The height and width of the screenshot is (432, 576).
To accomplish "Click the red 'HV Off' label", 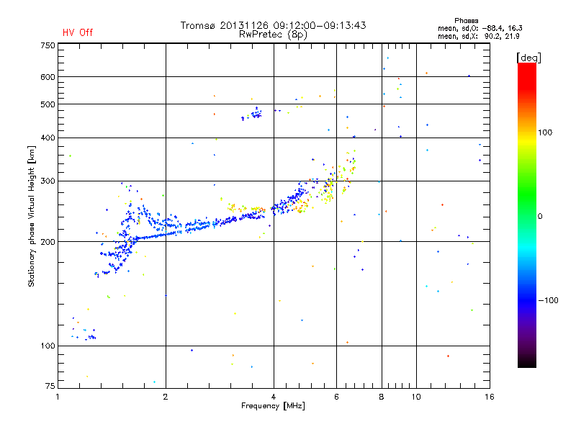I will [x=78, y=32].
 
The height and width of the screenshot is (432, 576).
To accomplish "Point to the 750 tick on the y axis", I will [x=47, y=45].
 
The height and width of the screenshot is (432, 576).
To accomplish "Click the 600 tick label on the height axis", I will [x=47, y=77].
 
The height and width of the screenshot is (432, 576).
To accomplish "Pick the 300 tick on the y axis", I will [x=47, y=181].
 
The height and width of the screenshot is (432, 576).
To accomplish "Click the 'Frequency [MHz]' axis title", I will [x=273, y=406].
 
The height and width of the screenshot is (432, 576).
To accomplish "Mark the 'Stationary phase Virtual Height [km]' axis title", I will [x=32, y=216].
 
